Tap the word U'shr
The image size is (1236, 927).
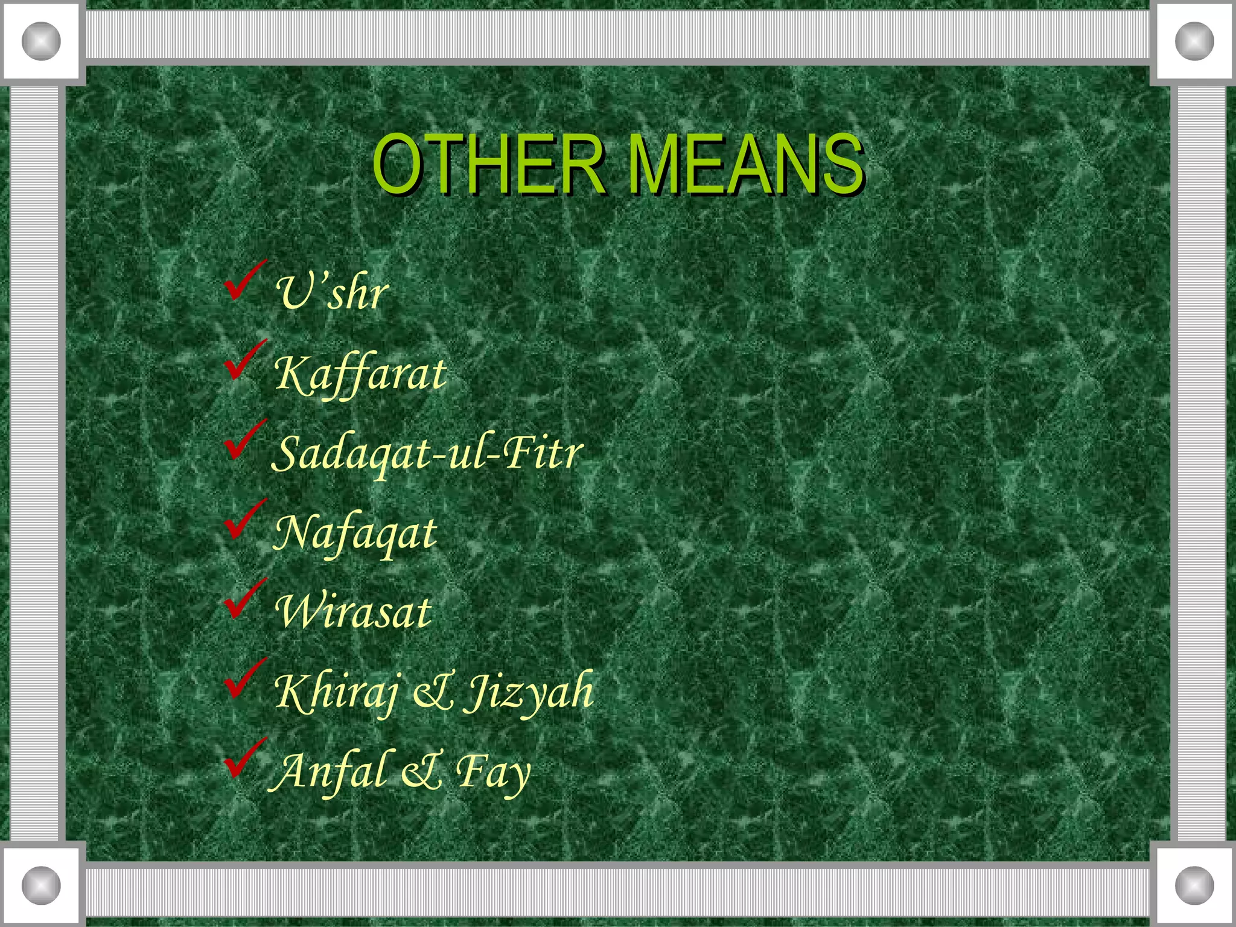pos(332,293)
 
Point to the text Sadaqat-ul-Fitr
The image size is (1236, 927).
pos(427,453)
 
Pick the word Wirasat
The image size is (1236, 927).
pos(353,612)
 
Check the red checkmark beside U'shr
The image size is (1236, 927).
pos(244,281)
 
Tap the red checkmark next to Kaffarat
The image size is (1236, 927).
pos(244,360)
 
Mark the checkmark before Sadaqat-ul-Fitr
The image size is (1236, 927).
pos(244,440)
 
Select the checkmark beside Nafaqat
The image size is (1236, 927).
pos(244,520)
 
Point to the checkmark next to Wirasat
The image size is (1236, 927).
pos(244,599)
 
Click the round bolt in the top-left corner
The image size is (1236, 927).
pos(41,41)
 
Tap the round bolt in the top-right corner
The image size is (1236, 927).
pos(1194,41)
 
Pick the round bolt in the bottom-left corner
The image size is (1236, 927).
pos(41,885)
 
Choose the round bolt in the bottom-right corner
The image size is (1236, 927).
pos(1194,885)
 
